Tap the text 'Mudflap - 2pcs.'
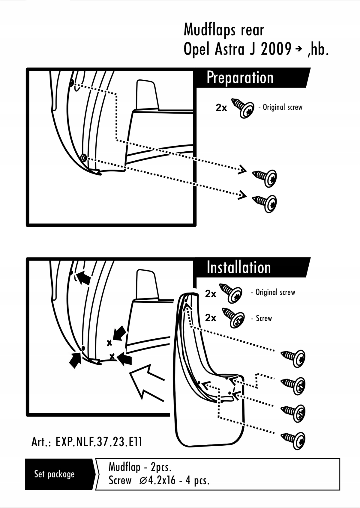[x=140, y=467]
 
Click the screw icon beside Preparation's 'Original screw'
[x=243, y=108]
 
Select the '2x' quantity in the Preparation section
[x=221, y=108]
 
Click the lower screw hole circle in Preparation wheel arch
[x=84, y=157]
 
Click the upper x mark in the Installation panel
[x=109, y=343]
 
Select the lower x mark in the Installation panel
[x=112, y=357]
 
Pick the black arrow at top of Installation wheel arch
[x=84, y=278]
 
